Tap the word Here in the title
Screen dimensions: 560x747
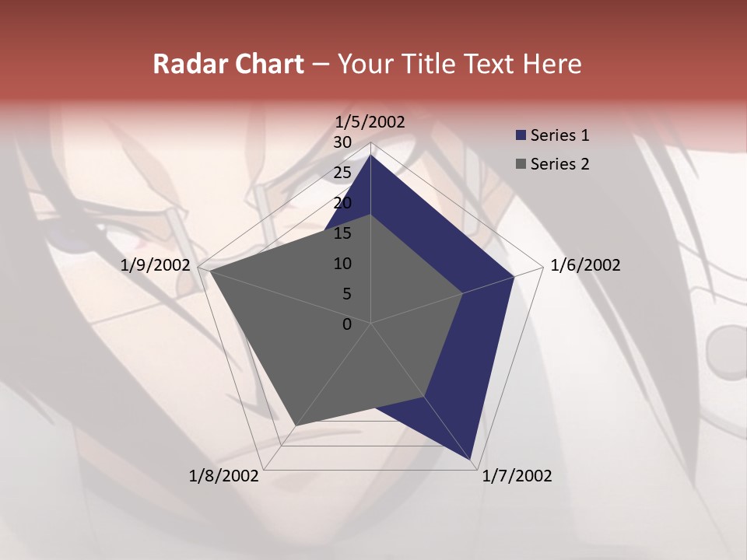point(552,64)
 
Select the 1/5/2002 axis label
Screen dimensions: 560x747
point(370,121)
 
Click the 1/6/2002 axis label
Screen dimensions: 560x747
point(585,265)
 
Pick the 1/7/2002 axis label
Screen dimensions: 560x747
point(517,476)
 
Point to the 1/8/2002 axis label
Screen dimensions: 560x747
point(224,476)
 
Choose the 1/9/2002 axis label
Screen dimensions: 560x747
point(156,265)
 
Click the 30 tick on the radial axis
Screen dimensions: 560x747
point(342,142)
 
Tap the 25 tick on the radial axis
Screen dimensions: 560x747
point(342,173)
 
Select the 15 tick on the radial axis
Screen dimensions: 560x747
point(342,233)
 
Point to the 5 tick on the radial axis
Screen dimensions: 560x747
point(346,294)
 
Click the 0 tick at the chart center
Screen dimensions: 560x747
point(347,324)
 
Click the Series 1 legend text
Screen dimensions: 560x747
point(559,135)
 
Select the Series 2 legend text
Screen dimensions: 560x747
point(559,164)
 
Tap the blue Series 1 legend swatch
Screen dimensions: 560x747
point(521,136)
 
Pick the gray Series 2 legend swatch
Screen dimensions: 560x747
point(521,164)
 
